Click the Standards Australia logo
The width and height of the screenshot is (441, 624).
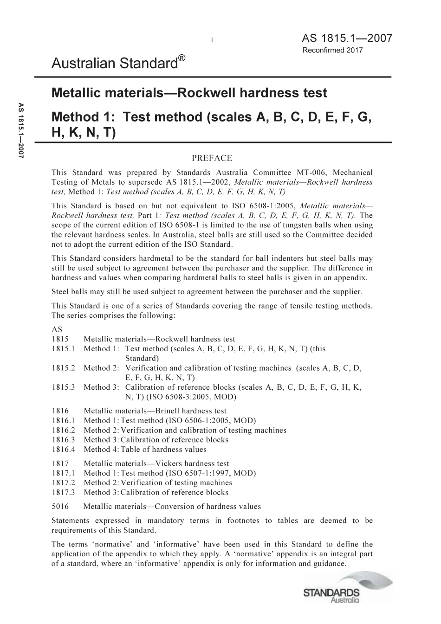point(348,587)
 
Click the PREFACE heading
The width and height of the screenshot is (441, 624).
point(211,158)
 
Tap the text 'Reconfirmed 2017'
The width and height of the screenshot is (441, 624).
point(332,50)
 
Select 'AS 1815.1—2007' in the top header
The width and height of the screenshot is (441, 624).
point(347,38)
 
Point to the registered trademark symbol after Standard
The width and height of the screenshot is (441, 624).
point(182,58)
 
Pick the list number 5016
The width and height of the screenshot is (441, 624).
point(60,507)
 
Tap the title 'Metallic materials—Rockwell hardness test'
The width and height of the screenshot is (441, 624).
point(189,93)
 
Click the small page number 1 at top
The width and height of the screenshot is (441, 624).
point(212,40)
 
